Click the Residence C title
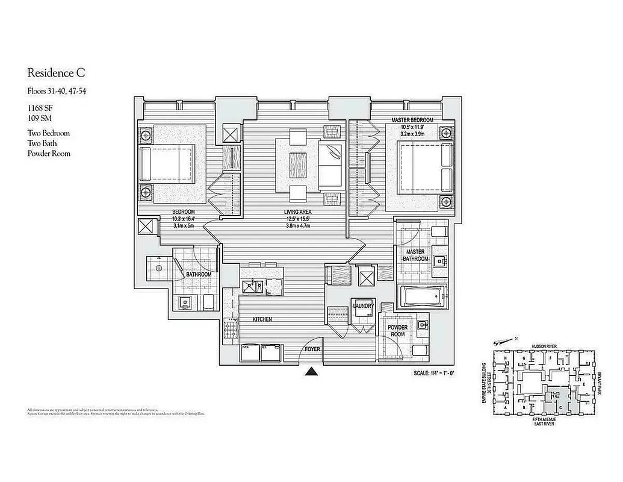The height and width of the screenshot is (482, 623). (x=56, y=74)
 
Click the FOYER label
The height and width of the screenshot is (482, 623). (x=312, y=348)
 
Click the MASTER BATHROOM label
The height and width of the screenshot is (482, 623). (x=416, y=255)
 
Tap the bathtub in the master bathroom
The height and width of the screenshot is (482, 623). (x=421, y=296)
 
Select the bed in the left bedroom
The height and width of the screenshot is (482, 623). (x=167, y=163)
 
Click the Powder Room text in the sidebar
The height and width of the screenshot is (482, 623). (x=49, y=154)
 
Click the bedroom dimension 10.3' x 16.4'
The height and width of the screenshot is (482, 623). (x=182, y=219)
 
